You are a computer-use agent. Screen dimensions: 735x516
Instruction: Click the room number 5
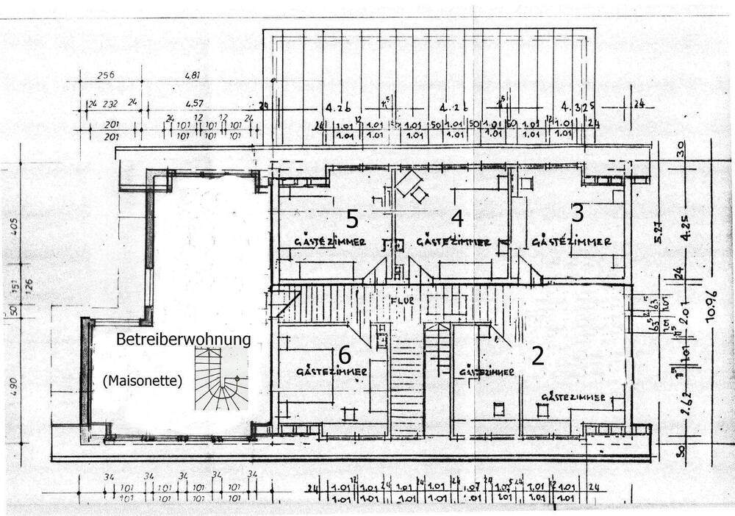(353, 218)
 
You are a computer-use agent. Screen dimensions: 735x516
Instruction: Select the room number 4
(457, 218)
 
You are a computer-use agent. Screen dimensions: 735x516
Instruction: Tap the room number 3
(578, 214)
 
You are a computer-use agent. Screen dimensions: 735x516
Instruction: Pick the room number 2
(537, 356)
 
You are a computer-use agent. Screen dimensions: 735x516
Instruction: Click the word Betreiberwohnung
(184, 340)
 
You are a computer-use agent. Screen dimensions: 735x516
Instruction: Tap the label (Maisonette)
(143, 380)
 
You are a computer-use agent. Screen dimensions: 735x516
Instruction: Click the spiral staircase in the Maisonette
(221, 379)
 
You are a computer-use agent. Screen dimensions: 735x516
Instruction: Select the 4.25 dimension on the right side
(686, 226)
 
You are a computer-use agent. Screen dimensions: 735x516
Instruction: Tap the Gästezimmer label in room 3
(571, 241)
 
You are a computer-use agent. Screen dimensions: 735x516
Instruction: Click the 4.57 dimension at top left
(195, 104)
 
